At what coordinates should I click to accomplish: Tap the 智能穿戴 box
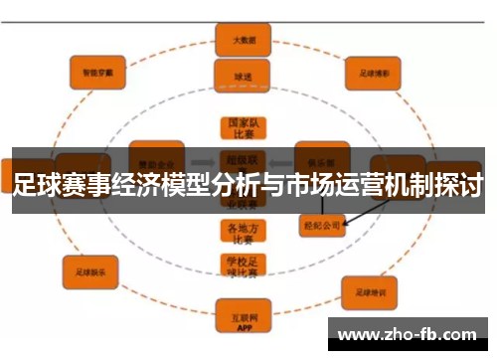tap(97, 72)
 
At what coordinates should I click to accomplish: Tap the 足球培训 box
tap(369, 291)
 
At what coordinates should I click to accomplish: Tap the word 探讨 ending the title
tap(459, 185)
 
